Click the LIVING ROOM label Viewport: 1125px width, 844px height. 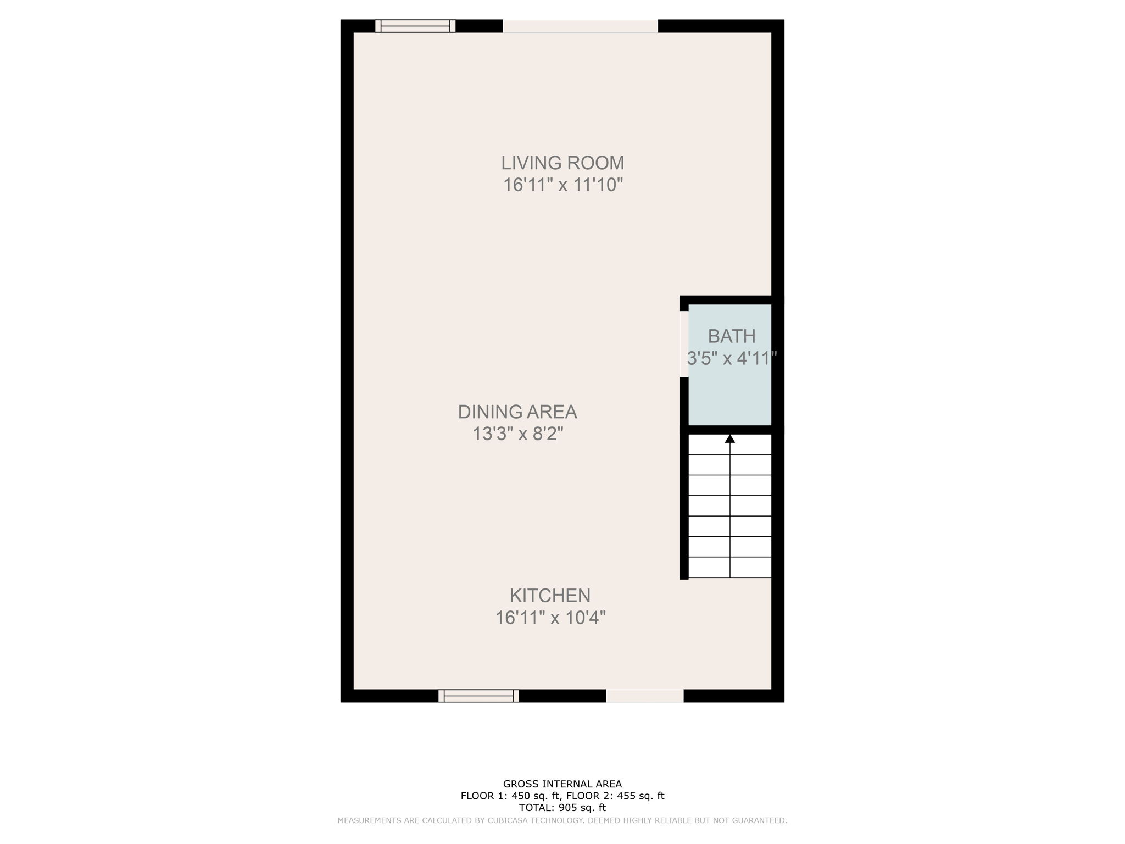click(562, 163)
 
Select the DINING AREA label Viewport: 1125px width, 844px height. click(517, 412)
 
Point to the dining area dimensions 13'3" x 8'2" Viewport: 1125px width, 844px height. click(518, 434)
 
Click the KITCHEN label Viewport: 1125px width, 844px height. click(550, 595)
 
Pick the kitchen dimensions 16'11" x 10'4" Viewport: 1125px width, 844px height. click(550, 618)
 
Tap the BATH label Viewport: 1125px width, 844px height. click(731, 336)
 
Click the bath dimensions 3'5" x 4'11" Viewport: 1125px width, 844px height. click(731, 359)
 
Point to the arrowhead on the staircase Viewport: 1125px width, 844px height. click(729, 438)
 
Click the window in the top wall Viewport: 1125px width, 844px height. click(415, 26)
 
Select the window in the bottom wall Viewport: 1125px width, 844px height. click(478, 696)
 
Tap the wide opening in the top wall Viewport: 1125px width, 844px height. click(580, 26)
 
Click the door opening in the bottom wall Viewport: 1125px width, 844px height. click(645, 696)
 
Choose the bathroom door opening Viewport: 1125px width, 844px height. click(684, 344)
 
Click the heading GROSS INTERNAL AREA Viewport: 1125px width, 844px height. click(562, 784)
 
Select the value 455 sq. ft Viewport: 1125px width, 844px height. click(634, 796)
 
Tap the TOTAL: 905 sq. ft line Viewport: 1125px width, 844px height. click(562, 808)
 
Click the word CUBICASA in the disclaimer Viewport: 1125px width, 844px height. click(504, 820)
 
